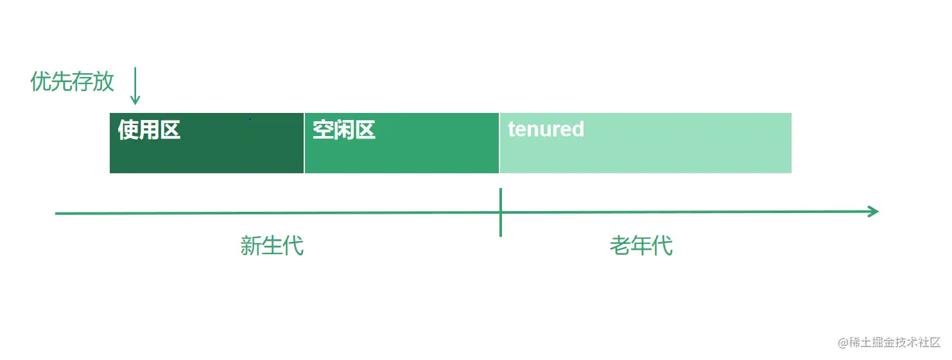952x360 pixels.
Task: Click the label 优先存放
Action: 72,81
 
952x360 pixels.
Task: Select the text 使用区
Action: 149,130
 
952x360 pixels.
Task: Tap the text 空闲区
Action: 343,130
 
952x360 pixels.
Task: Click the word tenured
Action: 546,129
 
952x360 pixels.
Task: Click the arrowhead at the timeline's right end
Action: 873,212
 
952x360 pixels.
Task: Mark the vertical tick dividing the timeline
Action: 500,212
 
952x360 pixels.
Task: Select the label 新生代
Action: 272,246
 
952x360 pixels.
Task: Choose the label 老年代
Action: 641,246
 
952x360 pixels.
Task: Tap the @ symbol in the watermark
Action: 843,343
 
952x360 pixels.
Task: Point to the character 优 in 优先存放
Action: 40,81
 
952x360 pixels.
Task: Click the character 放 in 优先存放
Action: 103,81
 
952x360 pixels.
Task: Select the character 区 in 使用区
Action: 170,130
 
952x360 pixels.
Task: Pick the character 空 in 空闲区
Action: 323,130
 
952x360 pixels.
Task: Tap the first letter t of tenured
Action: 512,129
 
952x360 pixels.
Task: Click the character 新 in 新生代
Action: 251,246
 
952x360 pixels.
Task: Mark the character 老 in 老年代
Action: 620,246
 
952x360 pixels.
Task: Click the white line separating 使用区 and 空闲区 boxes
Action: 304,143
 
